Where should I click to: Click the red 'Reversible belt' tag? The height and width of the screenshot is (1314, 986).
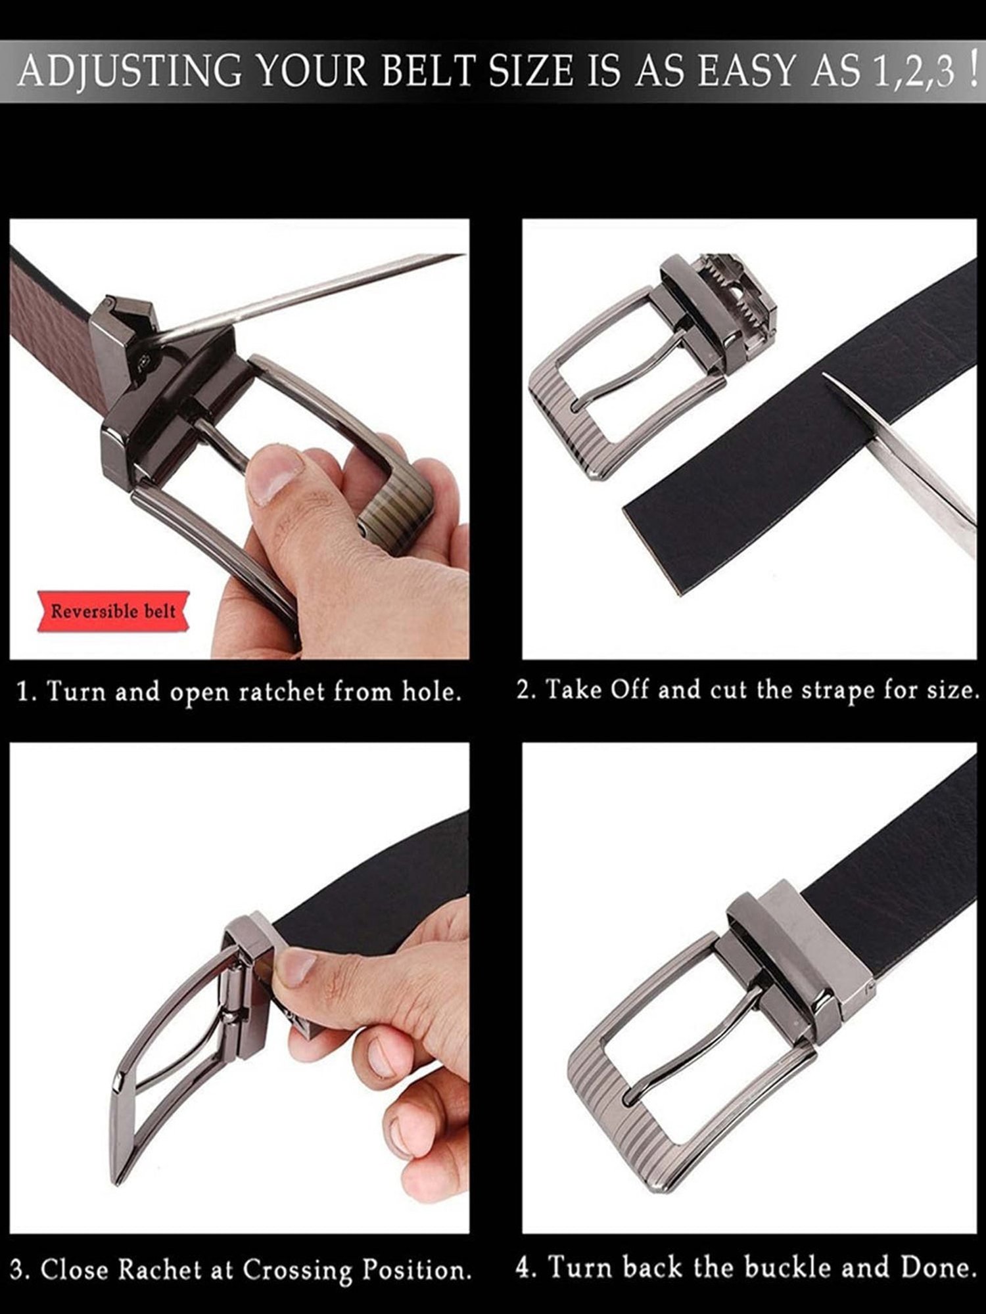[x=114, y=612]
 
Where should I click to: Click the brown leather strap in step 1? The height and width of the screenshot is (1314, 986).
[x=53, y=328]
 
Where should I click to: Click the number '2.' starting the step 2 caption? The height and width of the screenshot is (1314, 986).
[x=527, y=691]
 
